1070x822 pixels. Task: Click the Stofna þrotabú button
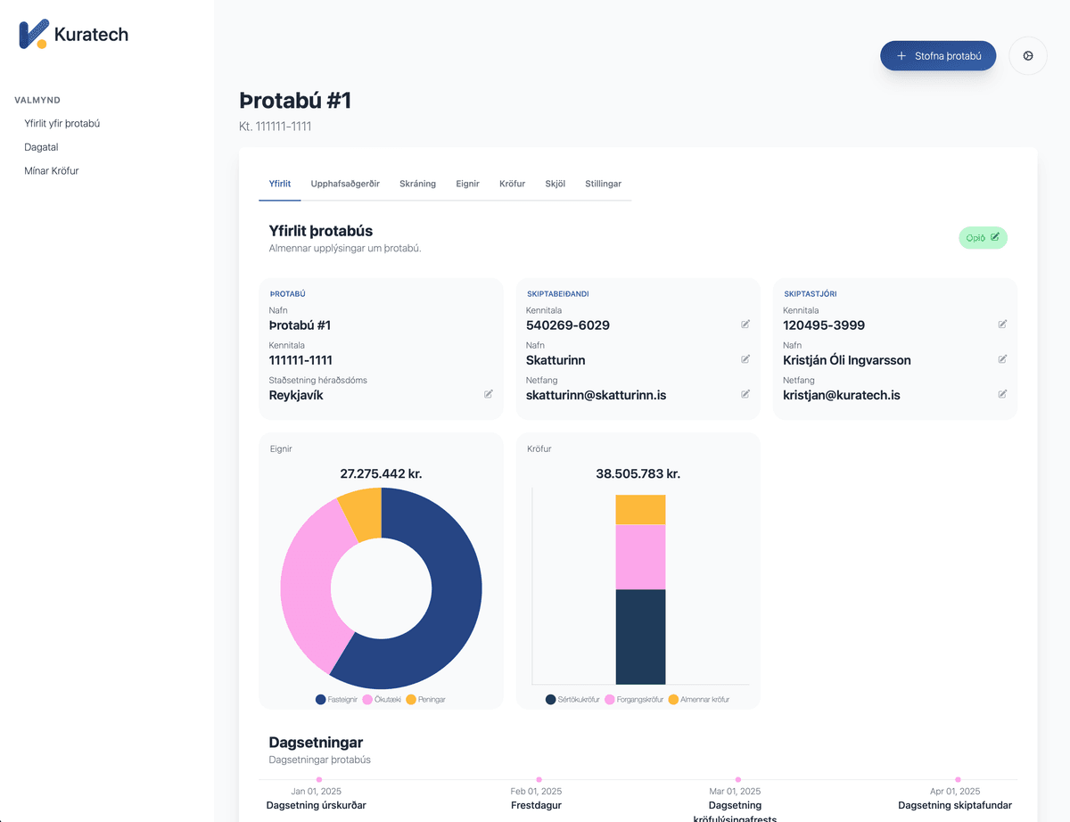coord(937,55)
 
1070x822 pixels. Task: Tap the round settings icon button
coord(1028,55)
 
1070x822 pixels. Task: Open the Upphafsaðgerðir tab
coord(345,184)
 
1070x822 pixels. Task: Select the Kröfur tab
coord(512,184)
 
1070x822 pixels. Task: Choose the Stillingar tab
coord(603,184)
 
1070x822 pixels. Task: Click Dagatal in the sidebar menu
coord(41,147)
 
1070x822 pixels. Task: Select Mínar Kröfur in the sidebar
coord(52,170)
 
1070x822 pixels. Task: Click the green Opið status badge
coord(983,238)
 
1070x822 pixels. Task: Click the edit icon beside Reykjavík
coord(489,394)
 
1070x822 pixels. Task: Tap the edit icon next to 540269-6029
coord(745,325)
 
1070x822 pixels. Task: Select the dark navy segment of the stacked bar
coord(640,637)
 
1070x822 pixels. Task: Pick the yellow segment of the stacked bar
coord(640,510)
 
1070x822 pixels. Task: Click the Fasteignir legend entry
coord(337,700)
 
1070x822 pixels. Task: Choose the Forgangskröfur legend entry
coord(635,700)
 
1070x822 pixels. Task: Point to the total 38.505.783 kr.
coord(638,474)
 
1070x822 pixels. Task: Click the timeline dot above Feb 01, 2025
coord(539,779)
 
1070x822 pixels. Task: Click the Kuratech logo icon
coord(33,34)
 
